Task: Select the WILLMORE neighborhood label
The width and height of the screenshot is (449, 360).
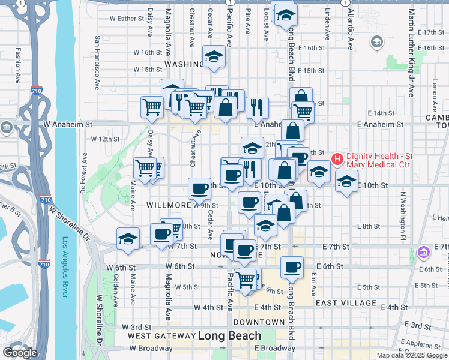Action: [x=169, y=205]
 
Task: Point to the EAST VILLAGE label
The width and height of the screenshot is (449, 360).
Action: [x=345, y=303]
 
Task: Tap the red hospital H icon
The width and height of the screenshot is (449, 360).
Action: [x=337, y=159]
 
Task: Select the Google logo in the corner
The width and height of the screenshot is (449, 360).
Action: [x=19, y=353]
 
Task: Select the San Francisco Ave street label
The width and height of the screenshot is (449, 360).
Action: [x=96, y=63]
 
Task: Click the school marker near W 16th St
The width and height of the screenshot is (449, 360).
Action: [x=212, y=56]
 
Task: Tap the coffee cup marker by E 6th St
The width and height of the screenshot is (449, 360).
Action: [x=292, y=267]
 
